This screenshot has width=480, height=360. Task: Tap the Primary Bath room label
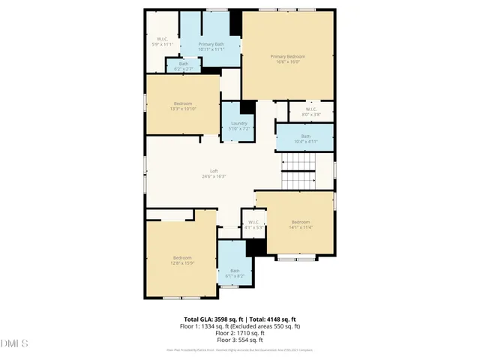click(x=211, y=45)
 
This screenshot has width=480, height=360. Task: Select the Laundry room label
click(x=239, y=123)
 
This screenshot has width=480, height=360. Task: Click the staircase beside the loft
click(x=298, y=171)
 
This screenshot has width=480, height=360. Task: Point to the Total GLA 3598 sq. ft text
click(x=211, y=319)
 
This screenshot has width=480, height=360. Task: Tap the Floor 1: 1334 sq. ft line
click(x=240, y=326)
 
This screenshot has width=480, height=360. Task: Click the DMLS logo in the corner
click(x=14, y=343)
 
